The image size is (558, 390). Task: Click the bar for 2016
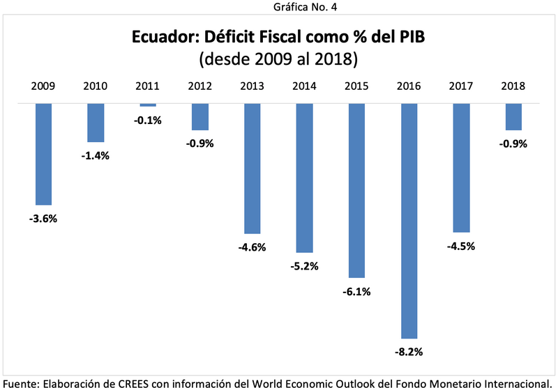click(409, 221)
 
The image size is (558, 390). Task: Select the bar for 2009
click(43, 154)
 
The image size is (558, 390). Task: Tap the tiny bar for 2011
click(148, 105)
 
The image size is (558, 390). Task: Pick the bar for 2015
click(356, 190)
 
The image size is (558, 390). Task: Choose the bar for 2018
click(513, 116)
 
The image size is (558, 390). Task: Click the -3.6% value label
click(43, 219)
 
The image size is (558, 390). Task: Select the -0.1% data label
click(148, 120)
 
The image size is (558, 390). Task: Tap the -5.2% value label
click(304, 266)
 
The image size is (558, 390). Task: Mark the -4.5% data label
click(461, 246)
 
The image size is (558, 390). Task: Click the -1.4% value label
click(96, 155)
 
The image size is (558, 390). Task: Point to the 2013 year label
click(252, 87)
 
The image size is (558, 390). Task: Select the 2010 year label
click(96, 87)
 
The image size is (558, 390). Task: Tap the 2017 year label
click(461, 87)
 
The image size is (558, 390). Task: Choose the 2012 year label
click(200, 87)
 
